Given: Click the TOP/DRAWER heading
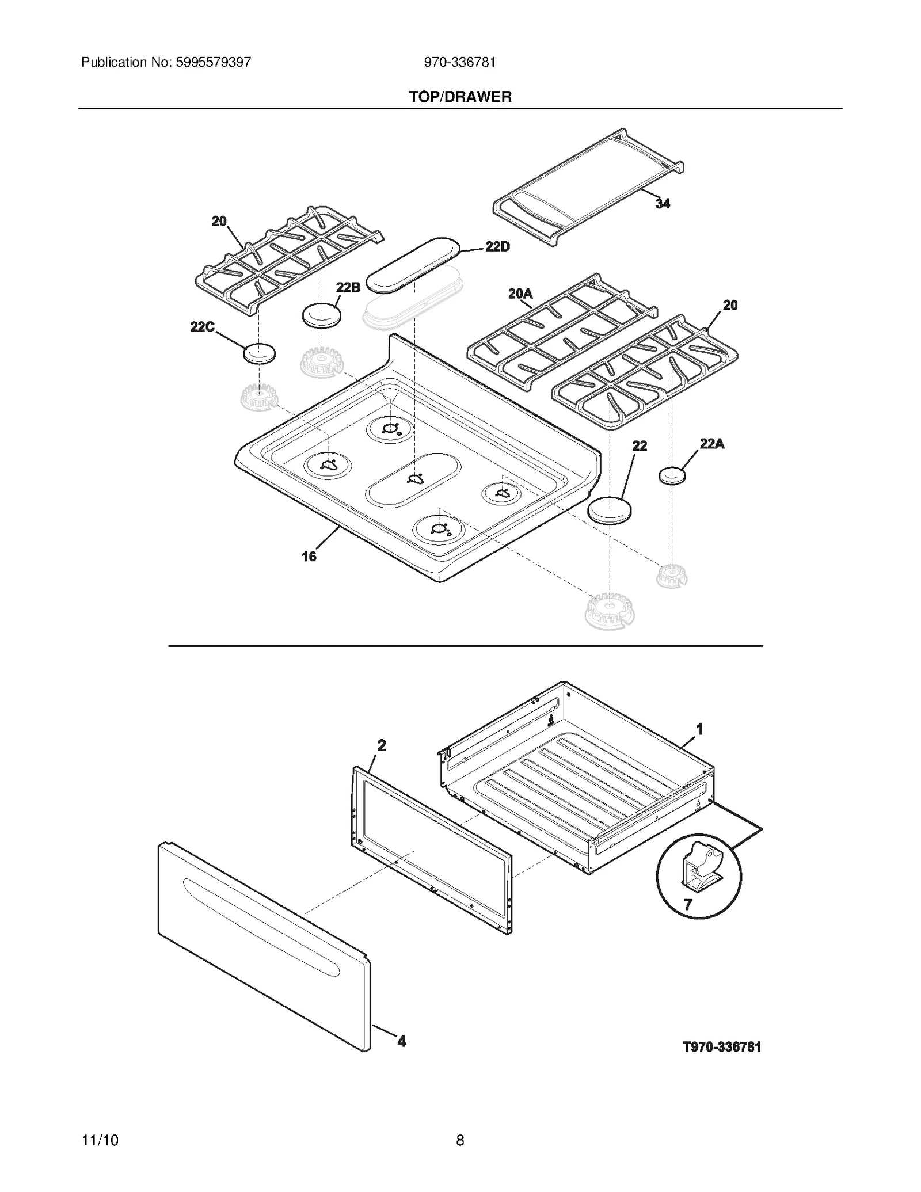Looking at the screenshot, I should (460, 97).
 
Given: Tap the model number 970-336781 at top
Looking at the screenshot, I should (459, 62).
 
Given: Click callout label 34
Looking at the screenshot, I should (663, 203).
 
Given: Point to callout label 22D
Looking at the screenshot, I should (497, 246).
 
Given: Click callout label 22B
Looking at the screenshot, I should (348, 287).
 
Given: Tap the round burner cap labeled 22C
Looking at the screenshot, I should (259, 353).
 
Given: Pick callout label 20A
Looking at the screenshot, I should (520, 294).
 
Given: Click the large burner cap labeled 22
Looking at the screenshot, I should (609, 510).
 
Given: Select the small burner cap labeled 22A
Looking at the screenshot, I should (672, 476).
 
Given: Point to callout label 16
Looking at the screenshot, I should (309, 556).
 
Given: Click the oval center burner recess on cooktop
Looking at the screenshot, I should (413, 479).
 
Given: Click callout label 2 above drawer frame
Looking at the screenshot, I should (381, 745).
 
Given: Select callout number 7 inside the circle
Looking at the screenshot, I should (688, 904).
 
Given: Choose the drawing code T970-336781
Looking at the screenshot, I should (722, 1046).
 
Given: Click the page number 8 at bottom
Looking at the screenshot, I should (460, 1140).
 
